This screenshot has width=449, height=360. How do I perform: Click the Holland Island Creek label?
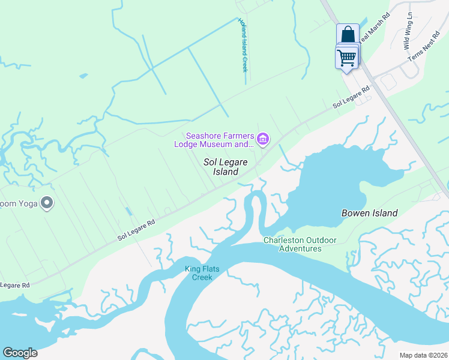(x=243, y=45)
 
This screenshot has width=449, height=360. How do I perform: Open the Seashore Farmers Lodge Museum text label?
(x=218, y=140)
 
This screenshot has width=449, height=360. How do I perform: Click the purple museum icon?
(x=262, y=140)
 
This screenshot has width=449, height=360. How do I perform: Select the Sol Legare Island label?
(x=226, y=167)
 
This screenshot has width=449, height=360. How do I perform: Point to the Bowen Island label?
(x=369, y=213)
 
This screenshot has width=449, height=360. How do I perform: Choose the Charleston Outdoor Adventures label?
(x=301, y=244)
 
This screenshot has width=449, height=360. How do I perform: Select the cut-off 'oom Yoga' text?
(x=19, y=204)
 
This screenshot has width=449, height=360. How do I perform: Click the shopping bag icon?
(x=348, y=35)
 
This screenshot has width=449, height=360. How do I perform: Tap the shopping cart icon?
(x=346, y=58)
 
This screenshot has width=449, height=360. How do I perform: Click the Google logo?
(x=20, y=352)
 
